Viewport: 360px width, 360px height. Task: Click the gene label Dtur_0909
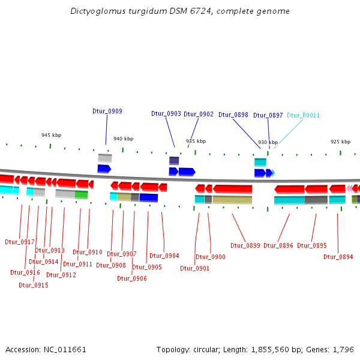[107, 111]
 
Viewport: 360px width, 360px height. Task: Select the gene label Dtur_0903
[166, 113]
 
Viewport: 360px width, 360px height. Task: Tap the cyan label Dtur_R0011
[303, 115]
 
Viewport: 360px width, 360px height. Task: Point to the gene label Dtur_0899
[245, 245]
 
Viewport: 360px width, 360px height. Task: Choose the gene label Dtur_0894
[338, 257]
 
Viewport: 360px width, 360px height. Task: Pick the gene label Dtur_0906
[132, 278]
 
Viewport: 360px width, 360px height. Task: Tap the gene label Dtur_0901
[195, 268]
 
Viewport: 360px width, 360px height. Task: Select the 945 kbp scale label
[51, 136]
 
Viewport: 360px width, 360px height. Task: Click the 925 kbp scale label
[340, 142]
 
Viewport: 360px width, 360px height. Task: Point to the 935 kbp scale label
[196, 141]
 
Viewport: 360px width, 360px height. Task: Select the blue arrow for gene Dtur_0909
[104, 169]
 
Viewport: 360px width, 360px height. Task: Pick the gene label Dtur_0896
[278, 245]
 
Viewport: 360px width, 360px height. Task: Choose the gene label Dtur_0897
[268, 115]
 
